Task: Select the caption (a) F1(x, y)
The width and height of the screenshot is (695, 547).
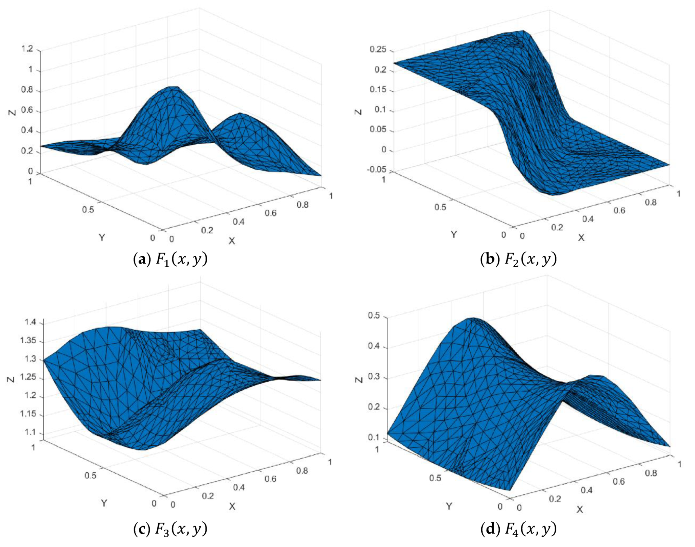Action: [170, 259]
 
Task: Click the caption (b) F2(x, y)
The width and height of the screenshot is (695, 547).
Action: [519, 259]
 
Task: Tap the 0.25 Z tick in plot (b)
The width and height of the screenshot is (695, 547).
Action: [378, 50]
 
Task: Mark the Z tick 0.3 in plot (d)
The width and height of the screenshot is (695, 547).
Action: [375, 378]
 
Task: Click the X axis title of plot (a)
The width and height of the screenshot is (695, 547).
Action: [232, 241]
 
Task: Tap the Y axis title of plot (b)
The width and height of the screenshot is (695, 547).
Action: [454, 234]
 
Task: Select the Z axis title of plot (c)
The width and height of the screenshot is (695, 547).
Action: [11, 379]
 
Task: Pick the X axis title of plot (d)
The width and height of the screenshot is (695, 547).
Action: [579, 509]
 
